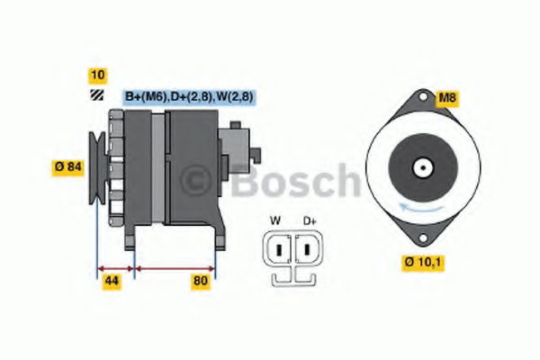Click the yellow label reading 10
(x=98, y=76)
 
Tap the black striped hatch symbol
(x=97, y=95)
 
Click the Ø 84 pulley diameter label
(x=68, y=167)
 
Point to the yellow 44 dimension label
(x=112, y=281)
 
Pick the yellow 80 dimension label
(x=201, y=281)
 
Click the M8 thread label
(x=447, y=98)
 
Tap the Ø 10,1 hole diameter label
(x=423, y=263)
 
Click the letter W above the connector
(x=275, y=220)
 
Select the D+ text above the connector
(x=310, y=220)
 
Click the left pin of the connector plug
(x=279, y=249)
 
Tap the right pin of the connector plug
(x=307, y=249)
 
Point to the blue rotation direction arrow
(x=421, y=208)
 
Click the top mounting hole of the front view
(x=423, y=96)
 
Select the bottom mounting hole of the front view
(x=423, y=238)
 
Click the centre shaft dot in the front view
(x=423, y=167)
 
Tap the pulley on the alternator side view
(x=97, y=167)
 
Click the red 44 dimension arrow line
(x=116, y=269)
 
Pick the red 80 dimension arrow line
(x=175, y=269)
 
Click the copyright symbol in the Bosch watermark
(x=195, y=181)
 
